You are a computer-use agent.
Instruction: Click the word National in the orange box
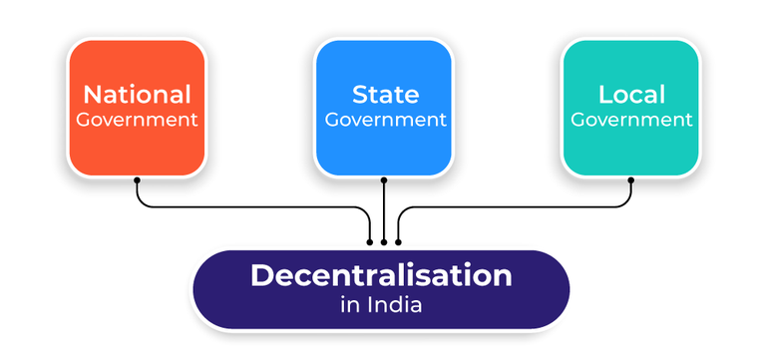tap(137, 95)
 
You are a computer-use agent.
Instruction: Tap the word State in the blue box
tap(384, 95)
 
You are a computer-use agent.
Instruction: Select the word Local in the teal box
tap(631, 95)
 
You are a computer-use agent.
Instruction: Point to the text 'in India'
tap(381, 304)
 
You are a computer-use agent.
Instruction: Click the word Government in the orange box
tap(137, 120)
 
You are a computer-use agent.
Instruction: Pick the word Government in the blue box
tap(384, 120)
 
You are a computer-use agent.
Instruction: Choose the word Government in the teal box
tap(631, 120)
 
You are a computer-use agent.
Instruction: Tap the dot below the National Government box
tap(137, 180)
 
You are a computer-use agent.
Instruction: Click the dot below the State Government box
tap(384, 180)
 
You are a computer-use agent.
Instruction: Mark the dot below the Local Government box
tap(631, 180)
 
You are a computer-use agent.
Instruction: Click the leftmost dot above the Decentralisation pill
tap(370, 240)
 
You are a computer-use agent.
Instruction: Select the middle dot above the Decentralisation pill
tap(384, 240)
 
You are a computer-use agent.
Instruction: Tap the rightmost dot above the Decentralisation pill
tap(398, 240)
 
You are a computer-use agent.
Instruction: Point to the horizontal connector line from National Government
tap(249, 206)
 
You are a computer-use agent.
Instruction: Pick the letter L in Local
tap(604, 95)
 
